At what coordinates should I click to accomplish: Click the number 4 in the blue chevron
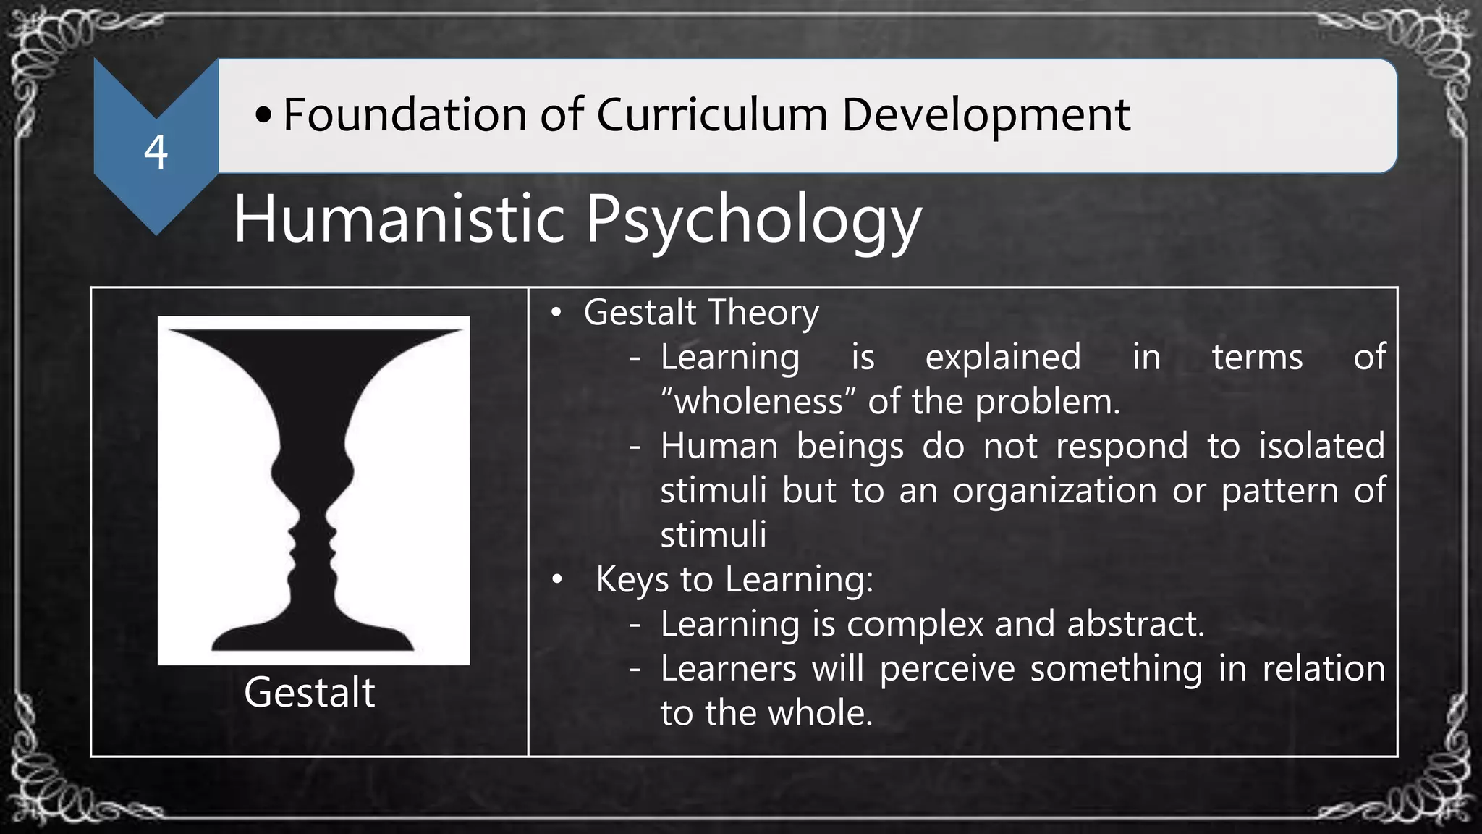pos(156,153)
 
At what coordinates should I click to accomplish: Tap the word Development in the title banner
pos(986,116)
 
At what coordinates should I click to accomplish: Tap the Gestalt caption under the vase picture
pos(310,693)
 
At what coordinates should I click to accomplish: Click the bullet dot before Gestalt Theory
pos(556,313)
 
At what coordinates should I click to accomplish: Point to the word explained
pos(1003,358)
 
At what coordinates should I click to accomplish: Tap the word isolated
pos(1321,446)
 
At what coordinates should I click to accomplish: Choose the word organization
pos(1054,491)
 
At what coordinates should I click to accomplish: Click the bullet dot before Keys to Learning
pos(556,580)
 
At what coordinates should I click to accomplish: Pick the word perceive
pos(947,668)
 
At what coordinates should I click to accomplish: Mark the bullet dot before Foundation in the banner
pos(263,115)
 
